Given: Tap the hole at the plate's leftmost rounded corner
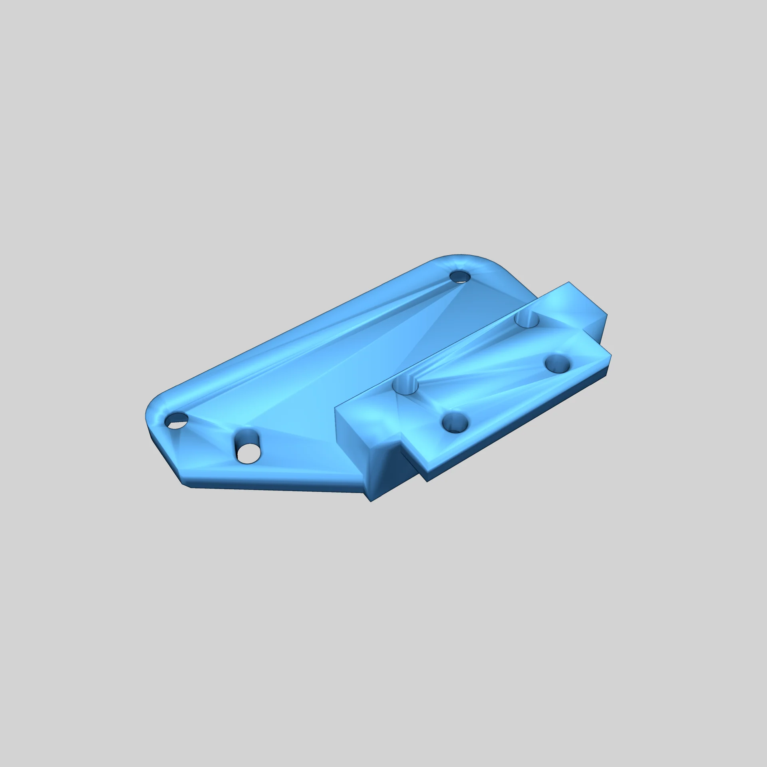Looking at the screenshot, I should click(x=177, y=419).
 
